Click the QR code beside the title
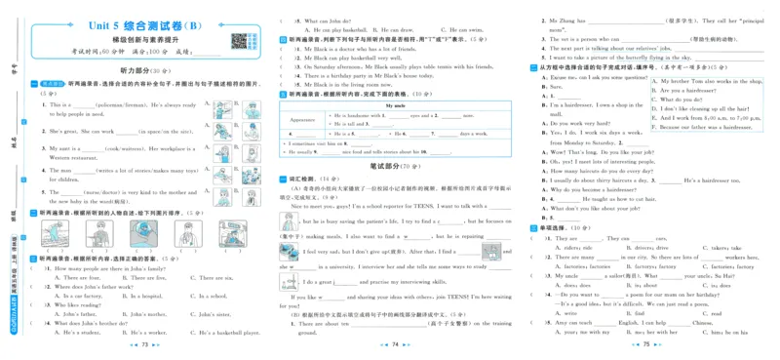tap(237, 40)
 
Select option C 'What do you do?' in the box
tap(682, 100)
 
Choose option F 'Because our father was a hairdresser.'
tap(703, 127)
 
